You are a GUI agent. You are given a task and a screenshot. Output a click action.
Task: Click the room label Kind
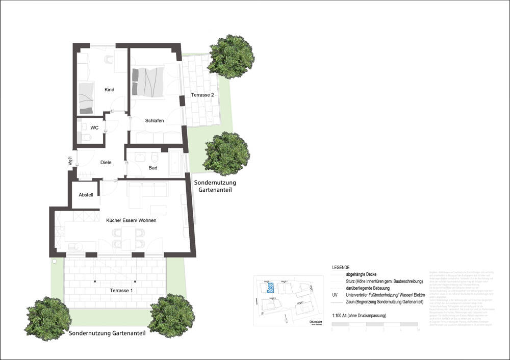point(109,90)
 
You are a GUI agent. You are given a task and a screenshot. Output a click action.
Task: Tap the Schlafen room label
point(154,120)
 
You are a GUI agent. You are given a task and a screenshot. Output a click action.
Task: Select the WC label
point(94,127)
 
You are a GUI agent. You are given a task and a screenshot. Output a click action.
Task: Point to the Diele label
point(106,162)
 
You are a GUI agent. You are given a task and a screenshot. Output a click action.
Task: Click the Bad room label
point(153,167)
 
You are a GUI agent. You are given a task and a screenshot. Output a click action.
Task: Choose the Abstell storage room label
point(86,195)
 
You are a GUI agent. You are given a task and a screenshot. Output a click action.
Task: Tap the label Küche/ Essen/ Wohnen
point(131,220)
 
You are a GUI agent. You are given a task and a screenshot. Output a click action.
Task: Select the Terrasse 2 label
point(202,95)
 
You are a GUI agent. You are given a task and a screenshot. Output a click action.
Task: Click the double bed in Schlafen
point(149,82)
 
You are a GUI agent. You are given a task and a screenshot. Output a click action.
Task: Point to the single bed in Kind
point(86,97)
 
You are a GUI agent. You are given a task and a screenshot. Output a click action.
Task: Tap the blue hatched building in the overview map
point(271,288)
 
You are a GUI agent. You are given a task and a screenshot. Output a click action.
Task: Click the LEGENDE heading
point(341,267)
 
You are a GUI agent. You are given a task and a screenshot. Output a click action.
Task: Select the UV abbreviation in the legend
point(335,295)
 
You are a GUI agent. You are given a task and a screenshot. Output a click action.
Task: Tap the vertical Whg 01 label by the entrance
point(70,161)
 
